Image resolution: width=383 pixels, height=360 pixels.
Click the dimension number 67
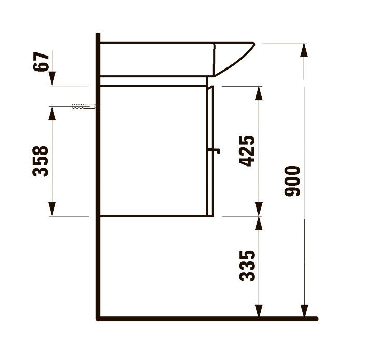(x=41, y=61)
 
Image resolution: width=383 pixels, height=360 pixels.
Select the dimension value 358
(x=40, y=161)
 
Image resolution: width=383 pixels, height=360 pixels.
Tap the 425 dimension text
(x=247, y=151)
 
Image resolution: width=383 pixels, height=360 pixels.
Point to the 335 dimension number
(x=247, y=266)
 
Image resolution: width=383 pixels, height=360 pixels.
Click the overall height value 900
(x=292, y=181)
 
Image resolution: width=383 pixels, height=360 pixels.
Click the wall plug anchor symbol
(x=83, y=106)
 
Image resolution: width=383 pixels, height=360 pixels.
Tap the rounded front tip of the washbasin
(x=253, y=45)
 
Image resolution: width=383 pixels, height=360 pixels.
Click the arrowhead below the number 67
(x=52, y=78)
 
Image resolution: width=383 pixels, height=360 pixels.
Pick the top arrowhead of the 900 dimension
(x=304, y=50)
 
